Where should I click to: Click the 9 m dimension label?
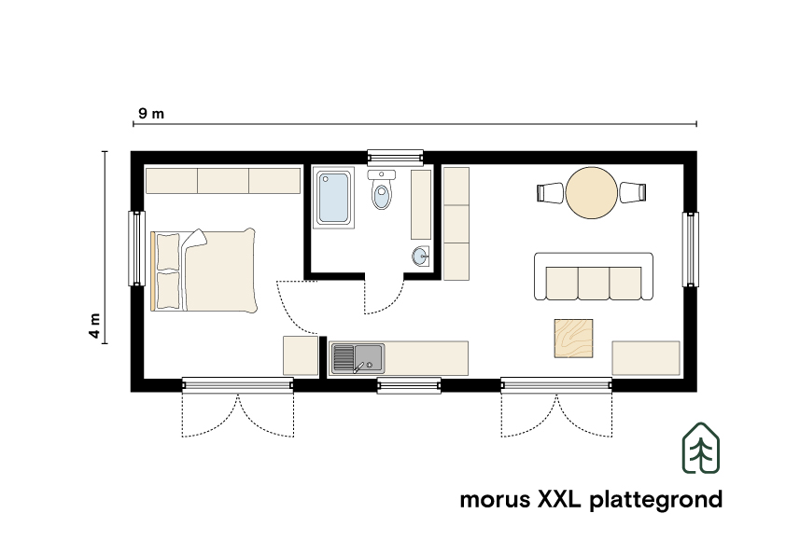coord(151,114)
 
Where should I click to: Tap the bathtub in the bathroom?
coord(333,197)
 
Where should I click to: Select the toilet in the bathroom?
coord(381,193)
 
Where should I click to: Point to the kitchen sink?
coord(358,357)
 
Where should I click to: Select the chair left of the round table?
coord(550,193)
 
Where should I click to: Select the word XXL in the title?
coord(559,499)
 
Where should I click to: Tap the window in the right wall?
coord(691,250)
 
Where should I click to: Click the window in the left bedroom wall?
coord(136,247)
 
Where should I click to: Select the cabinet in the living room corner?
coord(645,357)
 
